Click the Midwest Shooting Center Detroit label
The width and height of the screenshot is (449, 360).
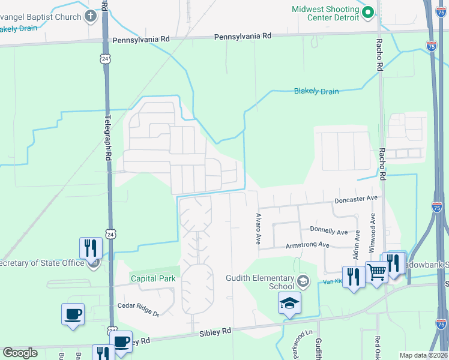click(325, 13)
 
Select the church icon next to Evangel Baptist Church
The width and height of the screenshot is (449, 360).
click(91, 16)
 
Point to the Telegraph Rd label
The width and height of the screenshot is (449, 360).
click(109, 137)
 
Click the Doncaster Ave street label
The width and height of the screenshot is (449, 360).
click(356, 198)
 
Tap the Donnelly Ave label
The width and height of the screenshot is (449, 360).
click(329, 230)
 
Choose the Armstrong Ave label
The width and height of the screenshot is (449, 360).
click(307, 245)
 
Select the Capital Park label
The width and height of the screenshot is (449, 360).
click(153, 278)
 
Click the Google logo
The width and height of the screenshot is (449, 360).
click(20, 353)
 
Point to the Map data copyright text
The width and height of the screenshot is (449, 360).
click(423, 355)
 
